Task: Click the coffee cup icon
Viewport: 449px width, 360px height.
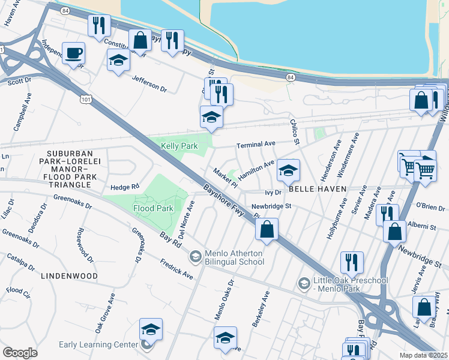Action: coord(73,53)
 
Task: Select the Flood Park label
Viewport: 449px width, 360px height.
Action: coord(153,208)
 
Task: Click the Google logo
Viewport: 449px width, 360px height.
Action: coord(20,352)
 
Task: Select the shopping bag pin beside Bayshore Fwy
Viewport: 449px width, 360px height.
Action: coord(267,229)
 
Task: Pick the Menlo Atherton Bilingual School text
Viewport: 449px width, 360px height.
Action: coord(234,257)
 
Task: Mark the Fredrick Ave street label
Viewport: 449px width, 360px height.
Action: coord(176,269)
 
